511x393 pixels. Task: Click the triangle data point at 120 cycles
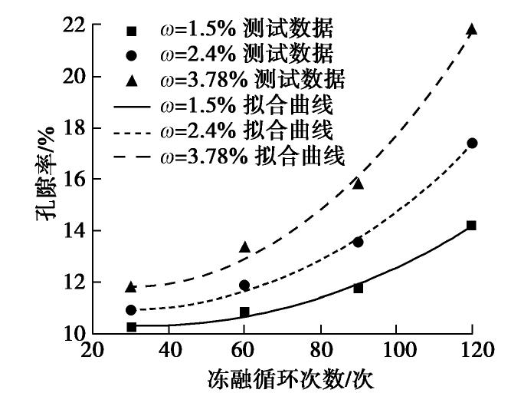coord(472,30)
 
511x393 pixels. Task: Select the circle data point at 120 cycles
coord(472,143)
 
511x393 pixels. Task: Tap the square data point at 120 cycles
coord(472,225)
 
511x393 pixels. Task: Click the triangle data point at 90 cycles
coord(358,183)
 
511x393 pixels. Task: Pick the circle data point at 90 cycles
coord(358,242)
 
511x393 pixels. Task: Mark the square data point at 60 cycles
coord(244,312)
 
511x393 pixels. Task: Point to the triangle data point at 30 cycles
coord(131,286)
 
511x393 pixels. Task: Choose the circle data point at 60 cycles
coord(244,285)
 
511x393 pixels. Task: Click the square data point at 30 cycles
coord(131,327)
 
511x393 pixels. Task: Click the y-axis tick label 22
coord(70,25)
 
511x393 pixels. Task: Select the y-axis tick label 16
coord(70,180)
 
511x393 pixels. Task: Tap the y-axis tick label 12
coord(70,282)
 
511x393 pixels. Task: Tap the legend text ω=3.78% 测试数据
coord(252,78)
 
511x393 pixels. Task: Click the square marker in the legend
coord(131,31)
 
